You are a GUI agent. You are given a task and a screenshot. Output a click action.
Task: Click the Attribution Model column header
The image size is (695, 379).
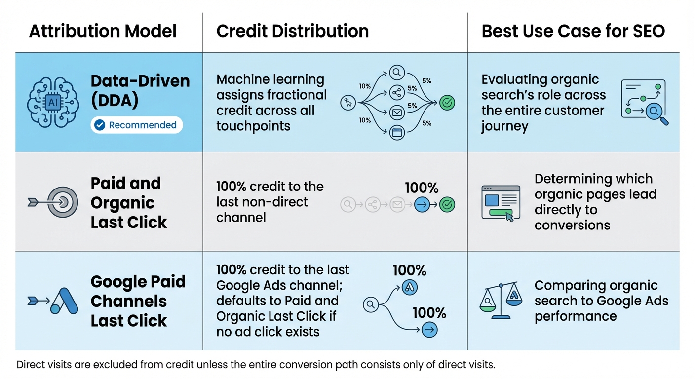click(x=103, y=31)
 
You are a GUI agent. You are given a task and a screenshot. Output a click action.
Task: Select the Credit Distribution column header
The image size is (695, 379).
click(x=292, y=31)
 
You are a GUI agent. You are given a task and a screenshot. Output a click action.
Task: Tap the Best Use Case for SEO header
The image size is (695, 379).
click(x=573, y=31)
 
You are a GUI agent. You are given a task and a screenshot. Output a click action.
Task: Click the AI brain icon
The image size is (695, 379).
click(x=52, y=102)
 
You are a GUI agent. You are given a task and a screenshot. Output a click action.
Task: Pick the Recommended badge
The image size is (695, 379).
click(x=137, y=125)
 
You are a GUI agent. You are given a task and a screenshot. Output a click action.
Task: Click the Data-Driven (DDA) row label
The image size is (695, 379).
click(x=140, y=91)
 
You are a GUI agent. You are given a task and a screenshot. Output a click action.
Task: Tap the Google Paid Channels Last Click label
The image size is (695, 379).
click(x=138, y=301)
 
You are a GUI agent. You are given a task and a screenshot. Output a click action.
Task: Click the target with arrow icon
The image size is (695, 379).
click(x=53, y=202)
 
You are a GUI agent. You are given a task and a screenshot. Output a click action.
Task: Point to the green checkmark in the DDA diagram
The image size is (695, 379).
click(x=447, y=103)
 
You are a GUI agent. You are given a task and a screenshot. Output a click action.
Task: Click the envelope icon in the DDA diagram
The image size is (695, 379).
click(x=397, y=113)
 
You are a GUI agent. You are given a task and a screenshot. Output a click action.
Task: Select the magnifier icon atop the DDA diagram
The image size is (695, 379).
click(x=397, y=73)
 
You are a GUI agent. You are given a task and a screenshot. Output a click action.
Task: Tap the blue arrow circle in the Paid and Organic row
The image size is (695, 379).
click(x=422, y=204)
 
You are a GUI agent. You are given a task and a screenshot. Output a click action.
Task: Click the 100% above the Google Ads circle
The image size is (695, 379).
click(x=409, y=270)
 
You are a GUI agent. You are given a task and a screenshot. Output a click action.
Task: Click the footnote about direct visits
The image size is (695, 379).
click(x=256, y=365)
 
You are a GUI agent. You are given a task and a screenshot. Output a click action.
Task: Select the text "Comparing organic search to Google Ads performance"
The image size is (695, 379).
click(x=601, y=301)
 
